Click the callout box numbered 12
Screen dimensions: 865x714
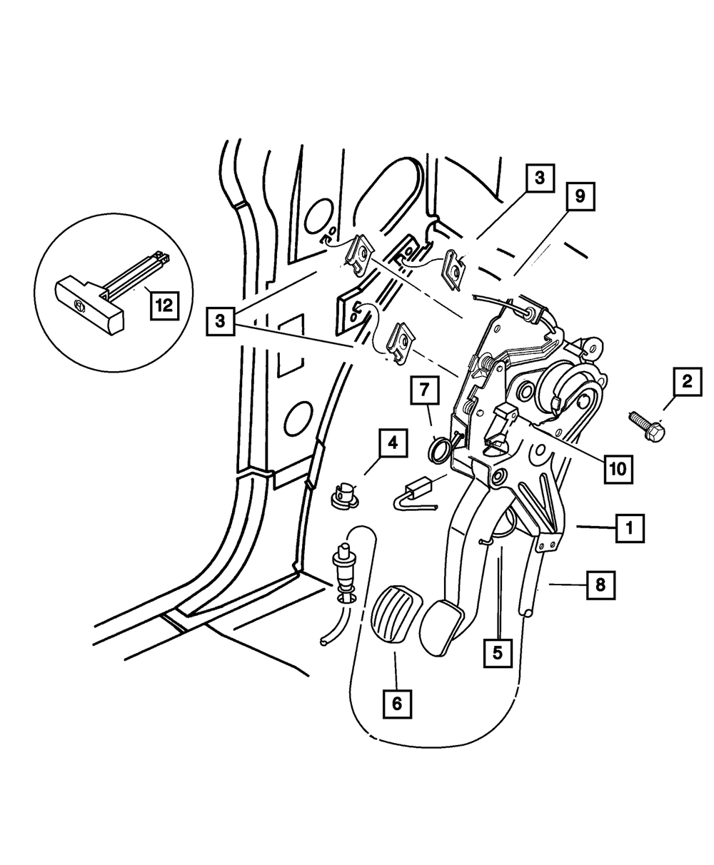164,306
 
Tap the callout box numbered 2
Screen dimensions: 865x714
686,383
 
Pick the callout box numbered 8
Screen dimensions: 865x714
599,586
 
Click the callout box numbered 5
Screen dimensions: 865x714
498,651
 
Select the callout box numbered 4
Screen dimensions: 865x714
392,442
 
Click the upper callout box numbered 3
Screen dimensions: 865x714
540,178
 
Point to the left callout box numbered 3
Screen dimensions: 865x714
221,321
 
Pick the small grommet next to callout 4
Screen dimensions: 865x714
345,492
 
